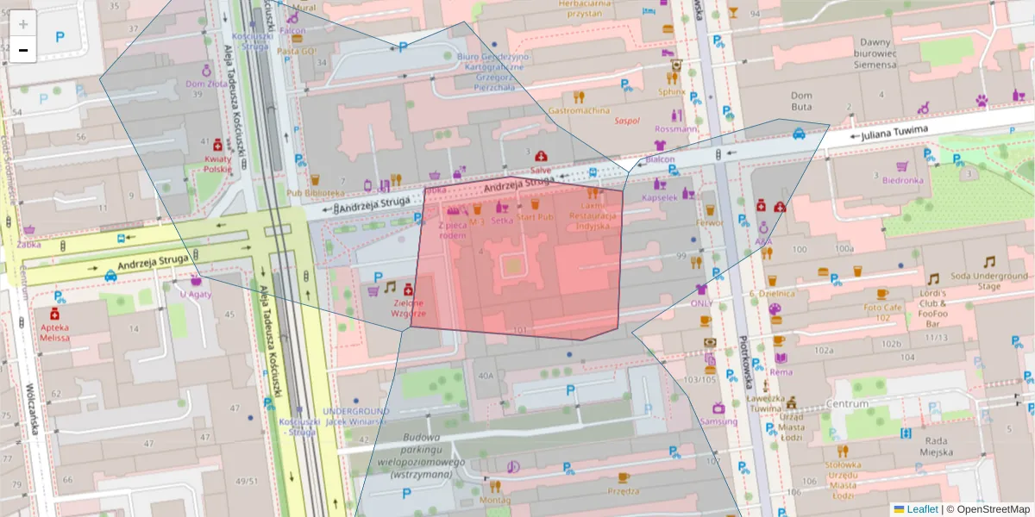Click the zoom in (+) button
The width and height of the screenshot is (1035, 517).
23,24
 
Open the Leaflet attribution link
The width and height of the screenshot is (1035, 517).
922,509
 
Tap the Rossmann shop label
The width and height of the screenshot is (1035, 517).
676,129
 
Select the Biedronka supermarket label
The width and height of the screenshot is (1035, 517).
902,180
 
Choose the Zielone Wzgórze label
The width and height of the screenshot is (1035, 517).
408,308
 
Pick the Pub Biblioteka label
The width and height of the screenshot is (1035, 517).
316,194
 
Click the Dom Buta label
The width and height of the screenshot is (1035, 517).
801,101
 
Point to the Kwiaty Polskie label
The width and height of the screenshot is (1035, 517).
217,165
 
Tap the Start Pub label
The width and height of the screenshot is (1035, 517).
535,218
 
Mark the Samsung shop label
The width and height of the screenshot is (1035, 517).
718,421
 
